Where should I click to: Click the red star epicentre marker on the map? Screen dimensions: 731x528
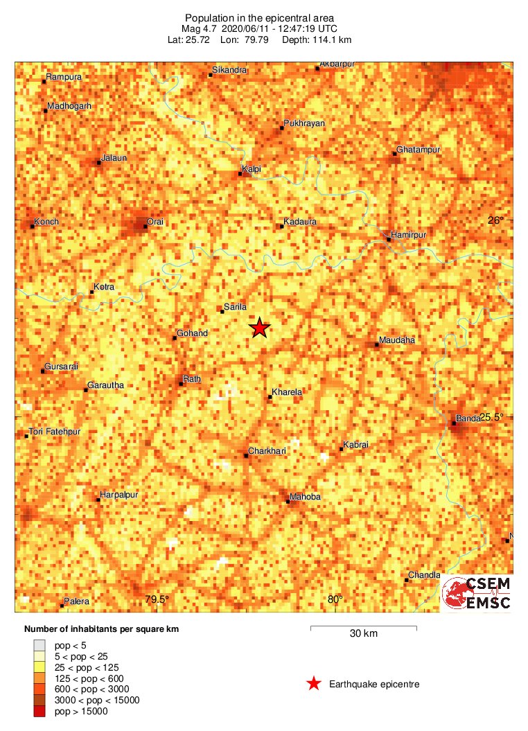coord(259,327)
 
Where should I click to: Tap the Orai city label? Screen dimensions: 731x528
coord(156,222)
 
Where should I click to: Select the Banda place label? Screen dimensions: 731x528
coord(466,418)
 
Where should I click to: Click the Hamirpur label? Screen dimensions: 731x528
coord(408,235)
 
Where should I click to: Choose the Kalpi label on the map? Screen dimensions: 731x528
coord(250,168)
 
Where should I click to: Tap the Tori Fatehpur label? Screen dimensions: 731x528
coord(55,432)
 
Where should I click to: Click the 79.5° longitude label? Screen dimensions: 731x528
coord(157,600)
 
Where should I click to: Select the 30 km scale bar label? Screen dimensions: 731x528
coord(364,633)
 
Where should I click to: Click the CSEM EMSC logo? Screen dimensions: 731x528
coord(477,594)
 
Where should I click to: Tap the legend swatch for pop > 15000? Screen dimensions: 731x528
coord(39,711)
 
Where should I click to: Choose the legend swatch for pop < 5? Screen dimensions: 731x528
coord(39,644)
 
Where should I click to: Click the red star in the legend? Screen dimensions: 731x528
coord(314,684)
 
